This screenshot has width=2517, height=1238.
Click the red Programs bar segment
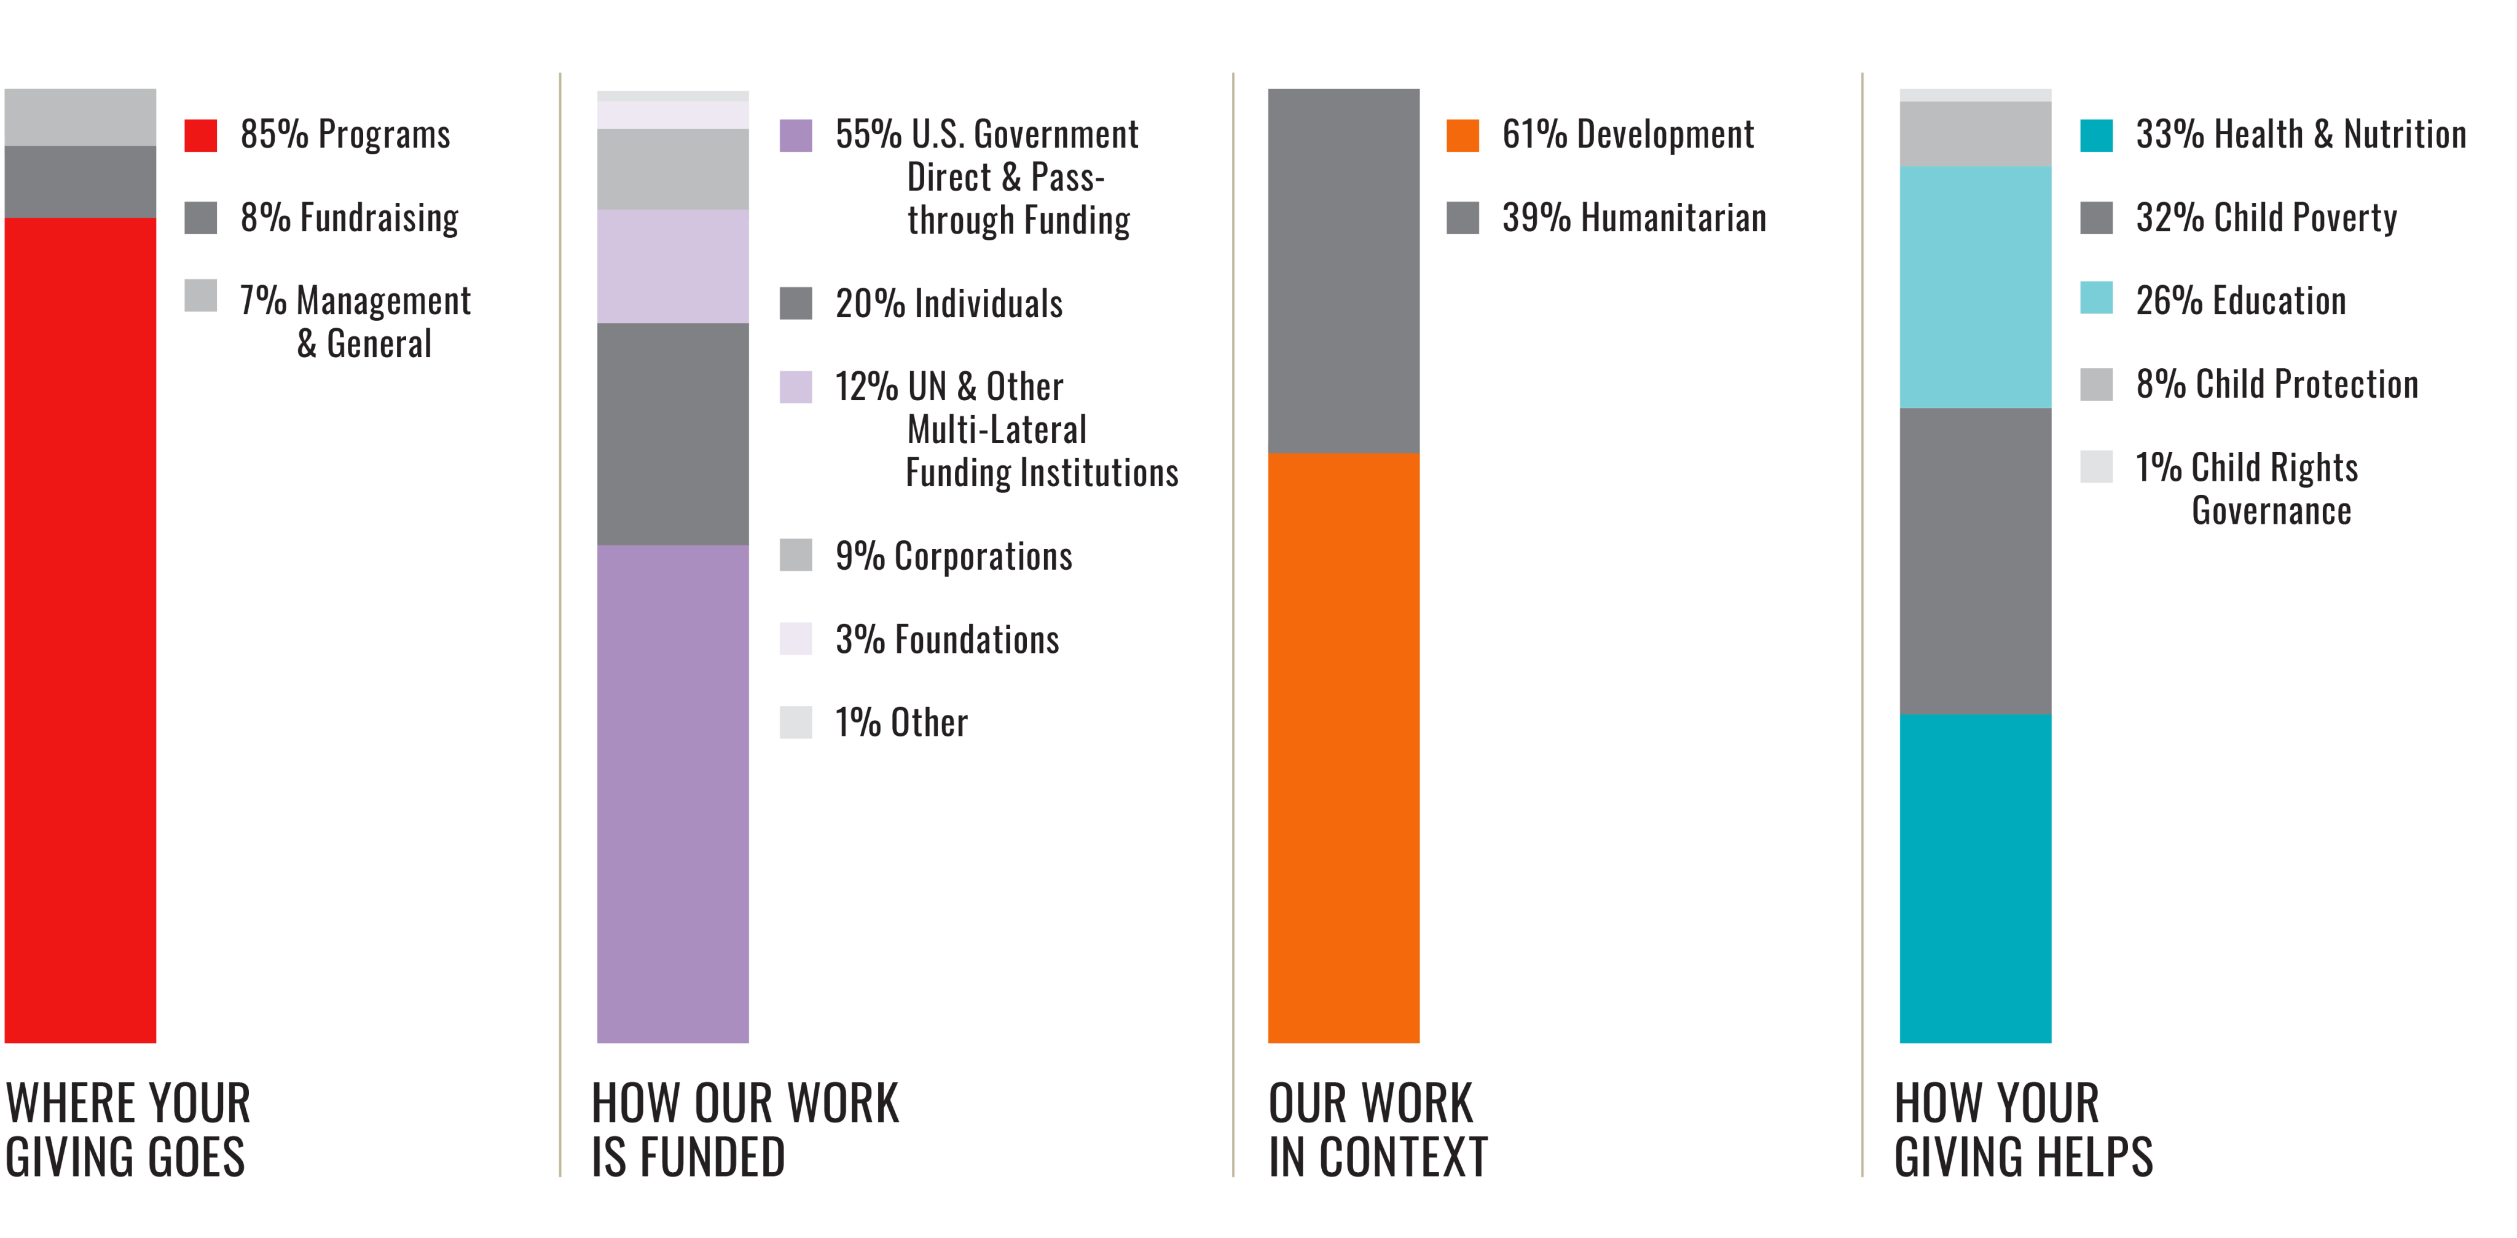(x=80, y=630)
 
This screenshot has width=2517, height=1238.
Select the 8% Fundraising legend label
(x=349, y=218)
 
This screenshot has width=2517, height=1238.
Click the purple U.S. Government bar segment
(x=673, y=794)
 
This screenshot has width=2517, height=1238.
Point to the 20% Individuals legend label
(x=948, y=304)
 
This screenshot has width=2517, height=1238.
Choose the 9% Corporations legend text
(x=952, y=556)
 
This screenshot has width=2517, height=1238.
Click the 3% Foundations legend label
(x=946, y=639)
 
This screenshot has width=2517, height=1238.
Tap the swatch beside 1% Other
(x=795, y=722)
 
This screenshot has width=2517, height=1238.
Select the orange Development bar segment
(x=1343, y=747)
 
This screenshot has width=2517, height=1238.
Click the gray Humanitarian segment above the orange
(x=1343, y=270)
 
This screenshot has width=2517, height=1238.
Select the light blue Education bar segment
(x=1975, y=286)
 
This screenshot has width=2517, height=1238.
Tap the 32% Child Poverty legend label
(x=2266, y=218)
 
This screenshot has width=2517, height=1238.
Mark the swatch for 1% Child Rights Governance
(x=2097, y=467)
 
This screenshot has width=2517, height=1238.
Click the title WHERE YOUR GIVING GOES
(x=127, y=1130)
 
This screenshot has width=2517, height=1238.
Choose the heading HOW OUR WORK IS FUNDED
(x=745, y=1130)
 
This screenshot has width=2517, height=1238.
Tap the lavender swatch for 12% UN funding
(x=795, y=387)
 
